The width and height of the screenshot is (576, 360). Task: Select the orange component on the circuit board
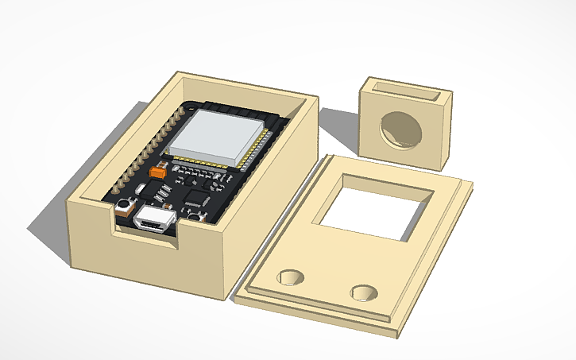158,169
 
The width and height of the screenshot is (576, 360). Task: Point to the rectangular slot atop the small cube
406,89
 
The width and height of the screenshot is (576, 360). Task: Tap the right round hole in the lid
365,291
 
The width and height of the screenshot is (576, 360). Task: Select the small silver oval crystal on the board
141,188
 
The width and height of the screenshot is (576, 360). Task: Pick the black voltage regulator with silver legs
164,192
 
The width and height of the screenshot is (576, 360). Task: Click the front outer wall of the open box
147,266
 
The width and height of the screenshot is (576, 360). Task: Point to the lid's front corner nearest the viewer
395,335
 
